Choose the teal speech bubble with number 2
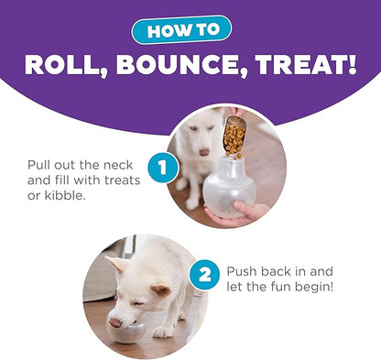(204, 274)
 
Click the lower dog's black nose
(114, 321)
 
